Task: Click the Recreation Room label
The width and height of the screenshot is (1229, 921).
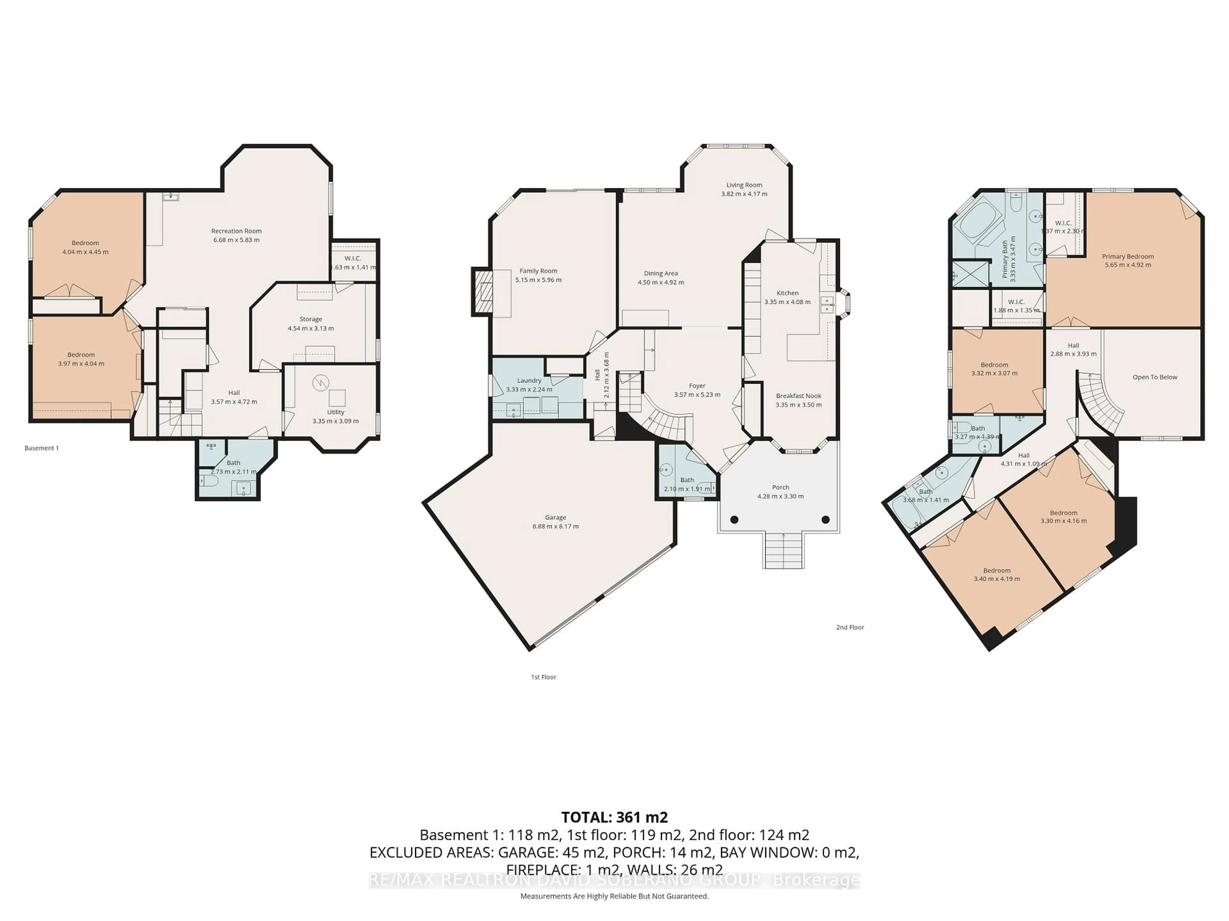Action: pos(236,231)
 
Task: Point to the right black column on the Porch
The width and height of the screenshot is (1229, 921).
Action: pos(826,520)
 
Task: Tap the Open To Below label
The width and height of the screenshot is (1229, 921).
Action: pos(1154,377)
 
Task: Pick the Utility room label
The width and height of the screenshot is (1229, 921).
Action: pos(336,412)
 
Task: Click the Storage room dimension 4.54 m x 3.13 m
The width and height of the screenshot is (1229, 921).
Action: pos(310,328)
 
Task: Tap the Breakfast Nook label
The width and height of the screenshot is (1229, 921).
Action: pos(799,396)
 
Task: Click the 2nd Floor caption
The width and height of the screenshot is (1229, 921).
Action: pos(849,627)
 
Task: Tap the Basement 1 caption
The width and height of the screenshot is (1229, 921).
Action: pos(42,448)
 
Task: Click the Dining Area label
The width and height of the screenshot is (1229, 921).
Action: pos(661,273)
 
